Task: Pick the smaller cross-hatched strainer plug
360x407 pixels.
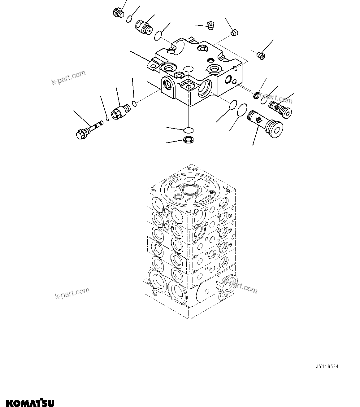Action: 281,108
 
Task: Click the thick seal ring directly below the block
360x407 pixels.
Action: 188,140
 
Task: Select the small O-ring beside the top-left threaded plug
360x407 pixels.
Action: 129,19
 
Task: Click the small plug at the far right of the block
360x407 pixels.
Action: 261,55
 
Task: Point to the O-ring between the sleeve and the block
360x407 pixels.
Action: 134,103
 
